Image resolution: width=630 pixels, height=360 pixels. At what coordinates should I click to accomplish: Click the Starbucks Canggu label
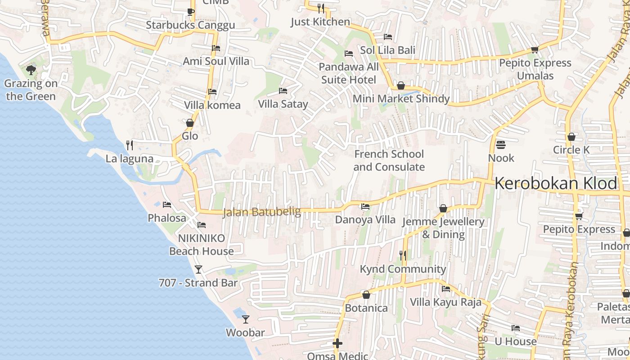coord(190,25)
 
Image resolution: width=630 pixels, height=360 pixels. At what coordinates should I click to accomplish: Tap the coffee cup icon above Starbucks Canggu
coord(190,12)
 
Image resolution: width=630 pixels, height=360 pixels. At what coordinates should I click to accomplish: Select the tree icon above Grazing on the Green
coord(31,70)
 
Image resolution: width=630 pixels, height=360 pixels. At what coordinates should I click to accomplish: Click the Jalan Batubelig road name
coord(262,212)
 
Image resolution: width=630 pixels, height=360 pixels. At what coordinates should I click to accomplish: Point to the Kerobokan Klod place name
coord(556,184)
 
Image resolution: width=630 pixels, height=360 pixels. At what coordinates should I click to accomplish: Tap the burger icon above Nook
coord(501,145)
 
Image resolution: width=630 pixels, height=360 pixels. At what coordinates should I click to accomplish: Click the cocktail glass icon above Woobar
coord(245,319)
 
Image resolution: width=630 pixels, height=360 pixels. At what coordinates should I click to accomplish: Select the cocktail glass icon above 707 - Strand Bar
coord(198,270)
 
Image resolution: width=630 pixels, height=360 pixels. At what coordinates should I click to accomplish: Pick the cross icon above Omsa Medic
coord(337,343)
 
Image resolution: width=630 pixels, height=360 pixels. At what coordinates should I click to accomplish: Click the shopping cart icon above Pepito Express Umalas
coord(535,49)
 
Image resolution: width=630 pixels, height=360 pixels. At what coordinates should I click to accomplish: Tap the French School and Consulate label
coord(389,161)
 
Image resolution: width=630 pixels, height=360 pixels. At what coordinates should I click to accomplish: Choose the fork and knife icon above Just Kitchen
coord(320,8)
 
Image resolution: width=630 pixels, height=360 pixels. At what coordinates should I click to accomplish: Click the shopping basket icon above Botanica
coord(366,295)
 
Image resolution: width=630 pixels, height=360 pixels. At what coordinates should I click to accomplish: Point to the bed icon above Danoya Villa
coord(365,207)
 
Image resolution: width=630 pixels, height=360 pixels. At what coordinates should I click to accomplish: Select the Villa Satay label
coord(283,104)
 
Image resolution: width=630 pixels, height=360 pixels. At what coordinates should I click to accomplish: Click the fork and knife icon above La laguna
coord(130,145)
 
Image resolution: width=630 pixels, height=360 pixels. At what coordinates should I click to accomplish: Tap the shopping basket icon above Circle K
coord(571,136)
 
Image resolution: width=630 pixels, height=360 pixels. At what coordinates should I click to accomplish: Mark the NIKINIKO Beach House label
coord(201,245)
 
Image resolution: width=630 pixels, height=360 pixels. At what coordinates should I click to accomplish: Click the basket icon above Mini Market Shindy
coord(401,85)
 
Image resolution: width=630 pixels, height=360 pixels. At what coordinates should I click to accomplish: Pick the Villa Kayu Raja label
coord(445,302)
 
